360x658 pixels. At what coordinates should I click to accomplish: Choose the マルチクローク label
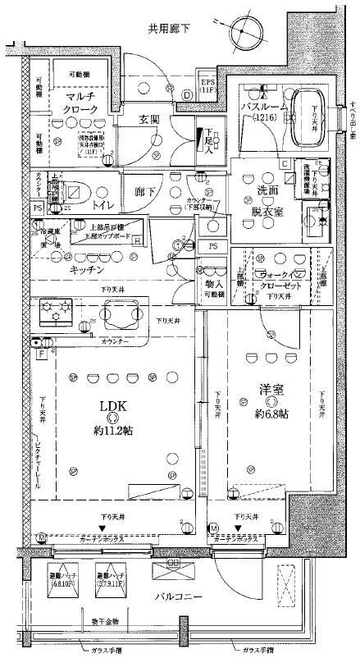point(81,105)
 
